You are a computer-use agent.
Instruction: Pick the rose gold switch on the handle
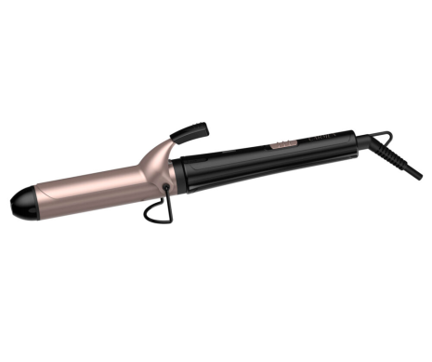[x=280, y=146]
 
